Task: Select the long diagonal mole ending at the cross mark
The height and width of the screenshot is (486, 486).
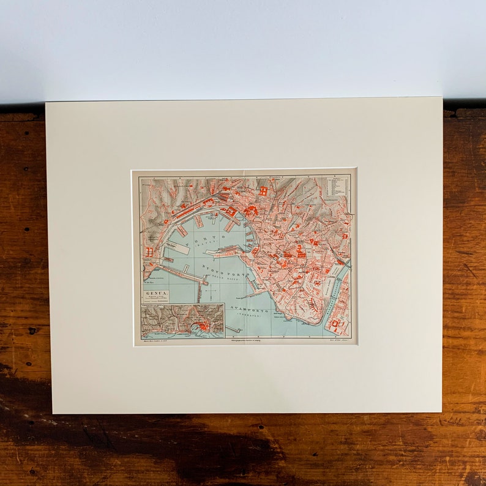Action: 182,275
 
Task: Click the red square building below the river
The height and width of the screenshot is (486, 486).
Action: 336,323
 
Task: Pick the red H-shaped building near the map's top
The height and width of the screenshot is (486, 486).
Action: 263,191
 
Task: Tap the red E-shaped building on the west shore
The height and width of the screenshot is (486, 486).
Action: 149,252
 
